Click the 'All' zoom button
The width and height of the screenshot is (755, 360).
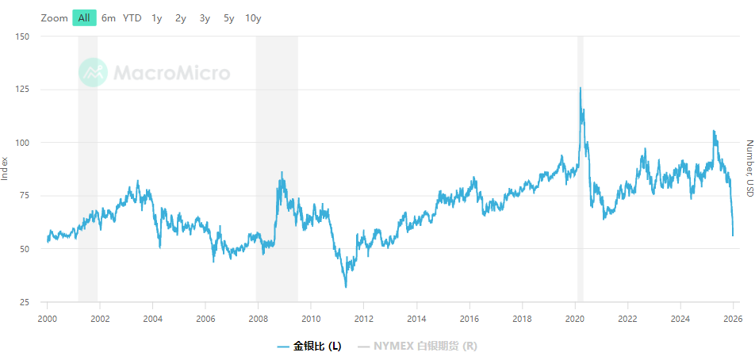coord(84,18)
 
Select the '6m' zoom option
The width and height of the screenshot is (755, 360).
coord(109,18)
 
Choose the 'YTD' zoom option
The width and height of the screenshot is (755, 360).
coord(132,18)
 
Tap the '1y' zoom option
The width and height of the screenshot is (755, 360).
coord(157,18)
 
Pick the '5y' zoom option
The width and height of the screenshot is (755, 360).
coord(228,18)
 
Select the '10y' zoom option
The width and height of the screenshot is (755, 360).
coord(253,18)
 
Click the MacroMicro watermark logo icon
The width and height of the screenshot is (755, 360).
coord(93,73)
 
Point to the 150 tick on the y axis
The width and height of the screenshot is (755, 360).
coord(22,36)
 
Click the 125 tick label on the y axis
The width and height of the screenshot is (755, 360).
coord(22,90)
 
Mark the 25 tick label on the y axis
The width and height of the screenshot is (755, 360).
coord(25,302)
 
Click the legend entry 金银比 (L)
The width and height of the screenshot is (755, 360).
coord(310,347)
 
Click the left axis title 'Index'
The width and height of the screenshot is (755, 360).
coord(6,168)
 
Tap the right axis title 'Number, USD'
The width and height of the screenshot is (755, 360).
coord(749,168)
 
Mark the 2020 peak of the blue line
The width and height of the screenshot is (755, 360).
coord(581,88)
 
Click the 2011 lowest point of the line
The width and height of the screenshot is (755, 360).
coord(346,286)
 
